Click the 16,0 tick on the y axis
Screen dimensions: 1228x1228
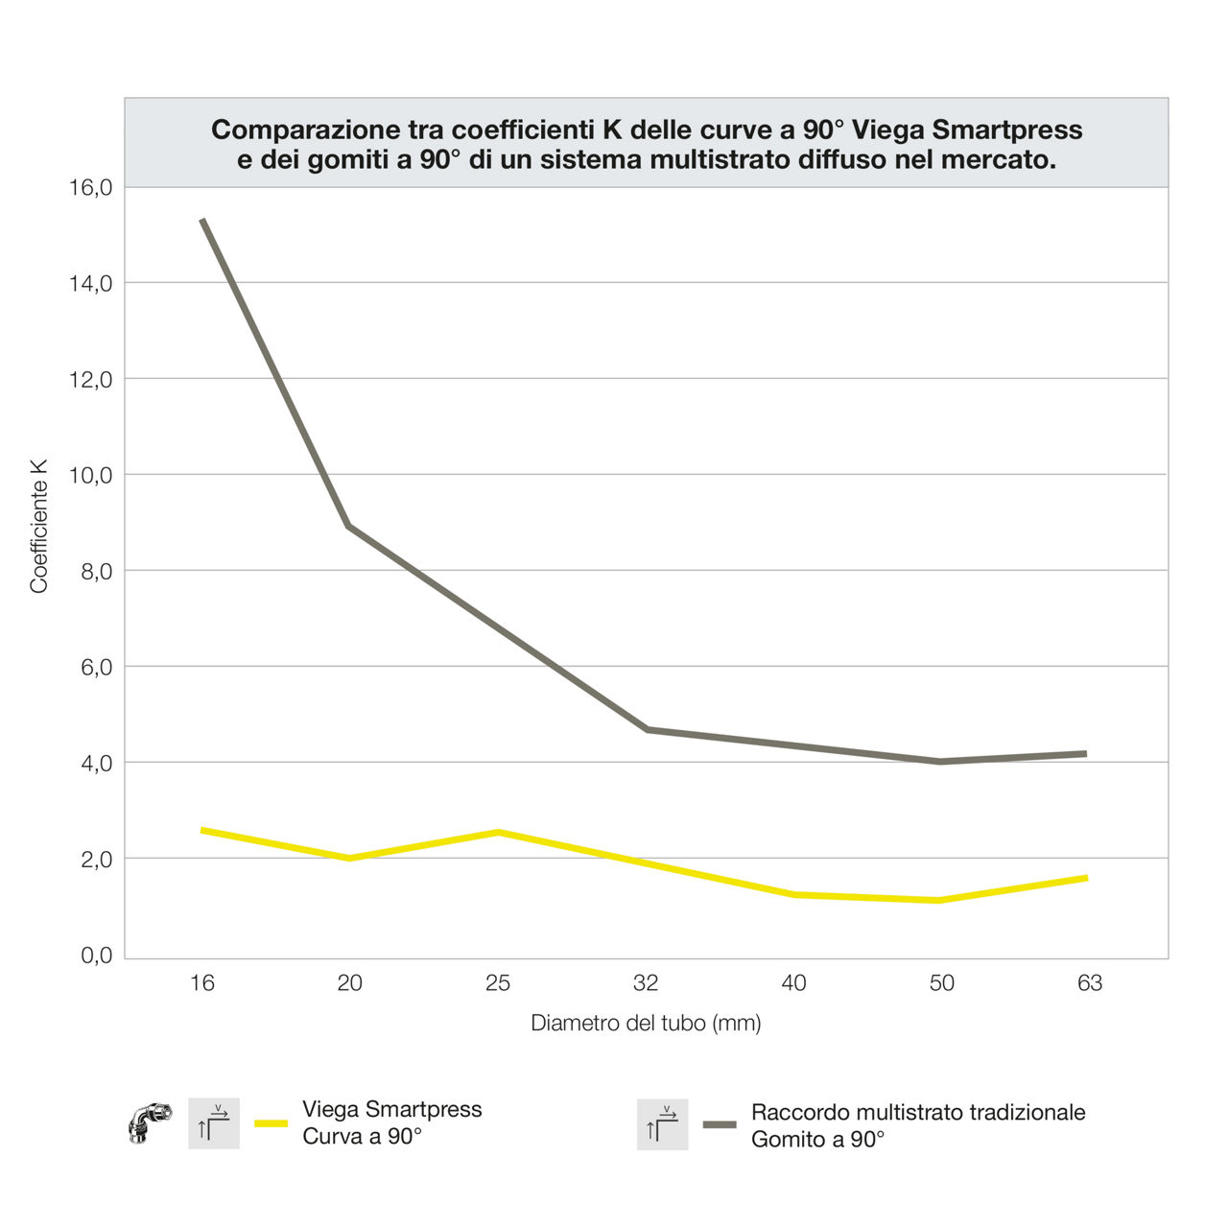click(91, 187)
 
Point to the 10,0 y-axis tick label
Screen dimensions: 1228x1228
click(91, 475)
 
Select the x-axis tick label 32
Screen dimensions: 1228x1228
click(646, 982)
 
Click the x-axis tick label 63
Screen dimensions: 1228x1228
click(1090, 982)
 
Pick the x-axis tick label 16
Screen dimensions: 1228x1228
click(201, 982)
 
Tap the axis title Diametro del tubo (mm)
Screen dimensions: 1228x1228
click(646, 1023)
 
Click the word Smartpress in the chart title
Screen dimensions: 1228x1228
click(1007, 130)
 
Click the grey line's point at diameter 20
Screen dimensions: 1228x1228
click(349, 526)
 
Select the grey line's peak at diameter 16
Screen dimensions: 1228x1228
click(202, 221)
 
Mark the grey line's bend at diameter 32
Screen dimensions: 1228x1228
click(647, 729)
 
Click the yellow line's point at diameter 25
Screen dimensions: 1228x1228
click(498, 832)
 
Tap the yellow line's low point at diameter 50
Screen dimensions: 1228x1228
click(939, 900)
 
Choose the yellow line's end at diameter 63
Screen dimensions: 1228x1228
click(1085, 878)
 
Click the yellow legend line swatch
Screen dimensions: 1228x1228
click(271, 1123)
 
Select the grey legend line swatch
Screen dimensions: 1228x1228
click(720, 1124)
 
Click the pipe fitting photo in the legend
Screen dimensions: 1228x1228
click(150, 1122)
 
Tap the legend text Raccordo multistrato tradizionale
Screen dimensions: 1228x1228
click(918, 1112)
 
